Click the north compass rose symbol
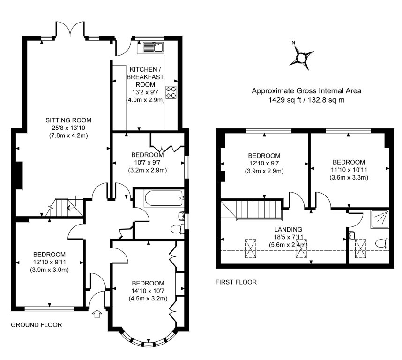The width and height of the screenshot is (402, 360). coord(302,57)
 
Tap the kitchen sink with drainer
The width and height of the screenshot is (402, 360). coord(153,47)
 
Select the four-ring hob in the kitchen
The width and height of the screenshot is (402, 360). coord(171,92)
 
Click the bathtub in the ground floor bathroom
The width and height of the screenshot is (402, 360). coord(164,198)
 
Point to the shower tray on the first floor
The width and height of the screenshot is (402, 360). coord(380,219)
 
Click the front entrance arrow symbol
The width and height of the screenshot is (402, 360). coord(97,314)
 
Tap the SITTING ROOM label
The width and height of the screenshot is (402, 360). coord(68,120)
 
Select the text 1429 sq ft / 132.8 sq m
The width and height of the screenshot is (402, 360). coord(306,100)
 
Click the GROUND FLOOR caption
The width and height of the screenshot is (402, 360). coord(37,325)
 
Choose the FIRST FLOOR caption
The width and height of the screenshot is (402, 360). coord(236,282)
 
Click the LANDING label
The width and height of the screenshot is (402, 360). coord(288,229)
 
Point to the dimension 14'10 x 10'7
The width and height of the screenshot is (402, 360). coord(148,291)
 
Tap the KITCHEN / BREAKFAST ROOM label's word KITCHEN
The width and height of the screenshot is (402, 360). coord(143,69)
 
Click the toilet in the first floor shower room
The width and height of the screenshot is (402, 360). coord(382,243)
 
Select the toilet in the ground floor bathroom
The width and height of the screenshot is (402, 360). coord(177,229)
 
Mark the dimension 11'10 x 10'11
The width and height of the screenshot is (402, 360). coord(349,170)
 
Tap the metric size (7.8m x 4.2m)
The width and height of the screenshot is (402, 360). coord(68,135)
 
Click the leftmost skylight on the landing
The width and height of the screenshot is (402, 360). coord(251,248)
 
